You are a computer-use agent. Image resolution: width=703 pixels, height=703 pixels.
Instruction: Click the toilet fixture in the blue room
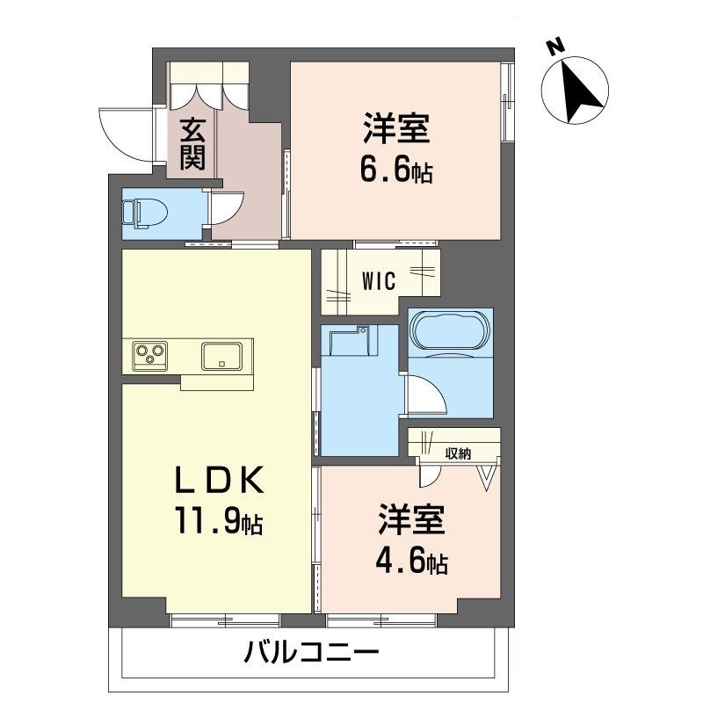point(144,214)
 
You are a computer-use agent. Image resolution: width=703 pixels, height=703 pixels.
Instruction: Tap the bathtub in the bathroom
point(450,333)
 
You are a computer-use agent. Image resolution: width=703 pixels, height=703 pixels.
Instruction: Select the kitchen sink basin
point(221,356)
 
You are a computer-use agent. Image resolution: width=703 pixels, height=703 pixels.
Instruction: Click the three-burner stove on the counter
point(149,356)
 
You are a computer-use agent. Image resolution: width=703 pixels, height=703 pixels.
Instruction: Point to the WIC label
point(379,281)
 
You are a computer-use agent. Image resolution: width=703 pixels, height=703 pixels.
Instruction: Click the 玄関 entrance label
point(192,144)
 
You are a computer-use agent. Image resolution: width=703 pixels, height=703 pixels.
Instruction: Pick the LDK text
point(218,480)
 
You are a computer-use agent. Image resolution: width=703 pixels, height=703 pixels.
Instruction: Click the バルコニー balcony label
point(311,652)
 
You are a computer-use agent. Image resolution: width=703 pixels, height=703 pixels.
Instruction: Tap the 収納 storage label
point(458,453)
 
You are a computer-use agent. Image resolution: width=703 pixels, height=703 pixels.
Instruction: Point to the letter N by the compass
point(554,47)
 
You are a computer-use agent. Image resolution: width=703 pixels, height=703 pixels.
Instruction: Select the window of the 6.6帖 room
point(507,102)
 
